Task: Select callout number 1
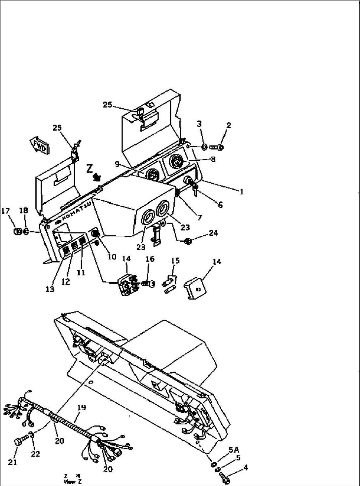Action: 241,192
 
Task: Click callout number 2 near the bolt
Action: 229,125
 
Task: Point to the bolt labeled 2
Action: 217,147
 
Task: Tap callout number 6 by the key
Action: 220,205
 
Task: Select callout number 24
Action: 213,233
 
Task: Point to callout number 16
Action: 150,259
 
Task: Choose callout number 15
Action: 175,261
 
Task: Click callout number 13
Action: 50,289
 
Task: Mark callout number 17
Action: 6,211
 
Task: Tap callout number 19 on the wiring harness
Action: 81,408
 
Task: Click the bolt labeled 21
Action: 18,442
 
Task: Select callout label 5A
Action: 234,450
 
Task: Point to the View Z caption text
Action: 70,482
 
